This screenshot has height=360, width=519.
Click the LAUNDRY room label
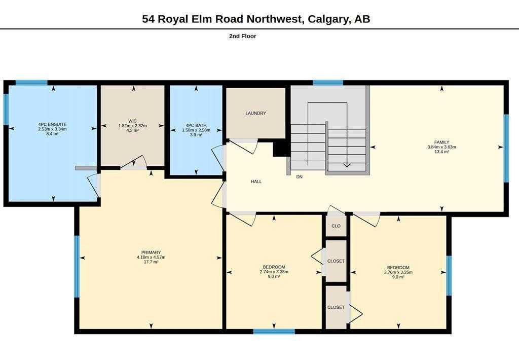(255, 113)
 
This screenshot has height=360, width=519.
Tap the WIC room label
(132, 121)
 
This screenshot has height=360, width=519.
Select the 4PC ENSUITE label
(52, 124)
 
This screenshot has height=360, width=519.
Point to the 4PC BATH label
(196, 125)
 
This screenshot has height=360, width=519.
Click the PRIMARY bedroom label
(151, 253)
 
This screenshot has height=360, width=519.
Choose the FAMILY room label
(441, 142)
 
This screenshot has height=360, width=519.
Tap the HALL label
(256, 182)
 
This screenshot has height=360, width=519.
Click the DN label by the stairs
(299, 177)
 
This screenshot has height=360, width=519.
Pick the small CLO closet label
(336, 226)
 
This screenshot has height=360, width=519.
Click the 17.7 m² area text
(151, 262)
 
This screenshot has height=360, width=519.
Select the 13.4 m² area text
(441, 152)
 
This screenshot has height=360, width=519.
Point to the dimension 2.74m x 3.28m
(274, 272)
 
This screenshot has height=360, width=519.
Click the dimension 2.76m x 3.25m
(398, 272)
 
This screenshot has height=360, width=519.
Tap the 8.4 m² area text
(52, 134)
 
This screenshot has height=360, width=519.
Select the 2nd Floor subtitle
(243, 36)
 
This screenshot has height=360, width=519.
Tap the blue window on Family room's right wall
(506, 148)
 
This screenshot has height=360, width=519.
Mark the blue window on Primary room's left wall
(77, 267)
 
